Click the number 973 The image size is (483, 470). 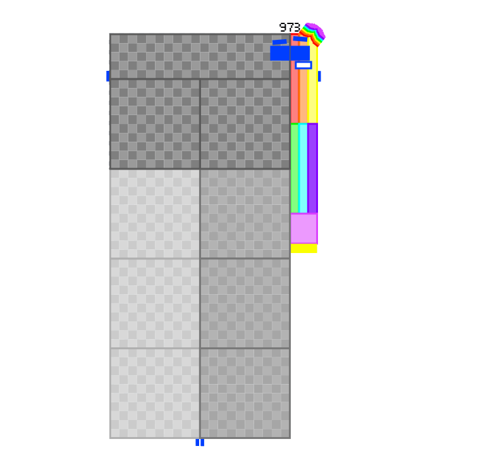click(290, 27)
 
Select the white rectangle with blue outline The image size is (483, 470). click(303, 65)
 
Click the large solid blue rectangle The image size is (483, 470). click(290, 53)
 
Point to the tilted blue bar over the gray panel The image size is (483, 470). click(279, 42)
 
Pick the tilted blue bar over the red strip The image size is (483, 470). click(300, 39)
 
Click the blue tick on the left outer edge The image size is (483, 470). click(108, 76)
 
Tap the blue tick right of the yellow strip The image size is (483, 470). click(319, 76)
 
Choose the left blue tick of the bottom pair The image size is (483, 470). click(197, 442)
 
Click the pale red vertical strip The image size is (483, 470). click(295, 92)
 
